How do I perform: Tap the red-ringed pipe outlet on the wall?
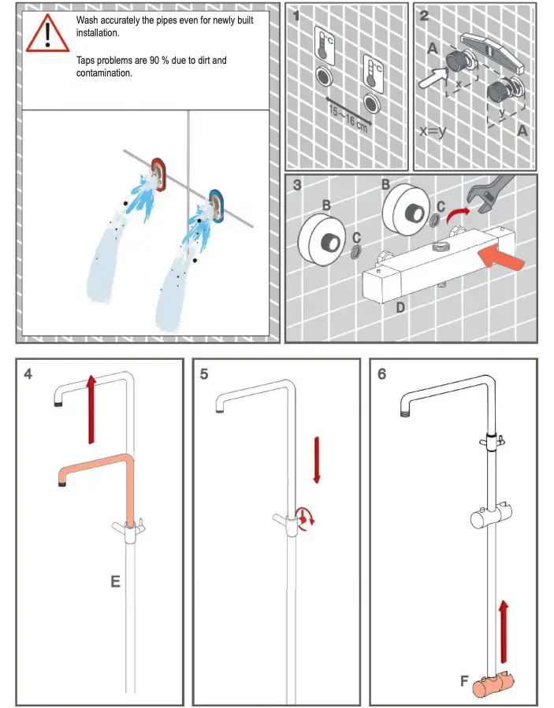pos(159,174)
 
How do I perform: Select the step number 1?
pos(297,15)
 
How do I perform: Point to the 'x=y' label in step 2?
pos(433,132)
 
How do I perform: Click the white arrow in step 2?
pos(430,76)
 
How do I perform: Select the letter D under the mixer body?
pos(400,308)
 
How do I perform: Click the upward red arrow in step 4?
pos(91,408)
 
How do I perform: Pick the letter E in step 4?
pos(115,582)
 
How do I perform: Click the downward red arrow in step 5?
pos(317,460)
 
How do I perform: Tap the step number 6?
pos(382,374)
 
